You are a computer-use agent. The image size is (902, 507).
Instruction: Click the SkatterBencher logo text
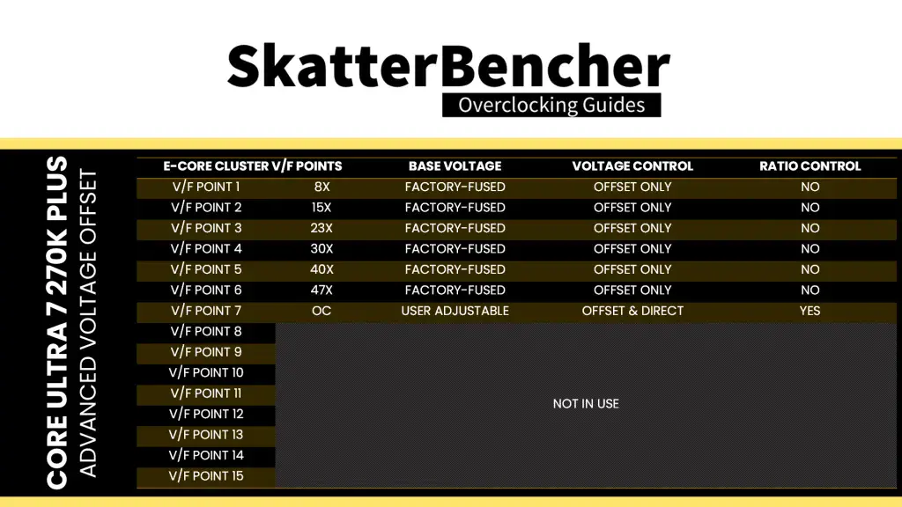(448, 65)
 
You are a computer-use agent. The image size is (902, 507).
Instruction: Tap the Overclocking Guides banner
(551, 106)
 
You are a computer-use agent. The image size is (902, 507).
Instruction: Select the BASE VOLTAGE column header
(455, 166)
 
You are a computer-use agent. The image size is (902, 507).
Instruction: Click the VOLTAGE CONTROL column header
(632, 166)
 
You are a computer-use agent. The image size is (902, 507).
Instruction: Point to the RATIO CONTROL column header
(810, 166)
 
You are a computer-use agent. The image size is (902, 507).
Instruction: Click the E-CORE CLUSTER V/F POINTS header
(253, 166)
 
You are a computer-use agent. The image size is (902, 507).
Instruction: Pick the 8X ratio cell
(322, 187)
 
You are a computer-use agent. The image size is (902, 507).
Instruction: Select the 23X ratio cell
(322, 228)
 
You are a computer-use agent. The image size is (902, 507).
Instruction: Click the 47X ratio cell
(322, 290)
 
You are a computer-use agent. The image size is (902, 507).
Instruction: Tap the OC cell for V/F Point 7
(322, 311)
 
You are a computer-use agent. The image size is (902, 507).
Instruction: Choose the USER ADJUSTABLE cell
(455, 311)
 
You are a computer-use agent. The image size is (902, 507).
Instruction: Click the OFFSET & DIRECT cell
(632, 311)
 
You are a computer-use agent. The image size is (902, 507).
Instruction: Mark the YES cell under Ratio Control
(810, 311)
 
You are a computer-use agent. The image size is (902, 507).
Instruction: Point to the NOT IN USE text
(586, 404)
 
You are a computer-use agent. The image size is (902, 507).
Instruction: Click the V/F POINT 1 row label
(206, 187)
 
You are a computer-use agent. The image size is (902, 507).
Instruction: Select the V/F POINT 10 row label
(206, 372)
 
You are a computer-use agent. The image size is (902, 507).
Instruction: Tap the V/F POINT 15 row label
(206, 476)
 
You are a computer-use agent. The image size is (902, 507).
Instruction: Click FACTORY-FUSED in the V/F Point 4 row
(455, 249)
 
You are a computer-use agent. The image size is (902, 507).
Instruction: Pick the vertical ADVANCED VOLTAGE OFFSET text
(88, 323)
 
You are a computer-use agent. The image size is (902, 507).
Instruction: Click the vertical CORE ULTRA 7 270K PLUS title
(57, 323)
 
